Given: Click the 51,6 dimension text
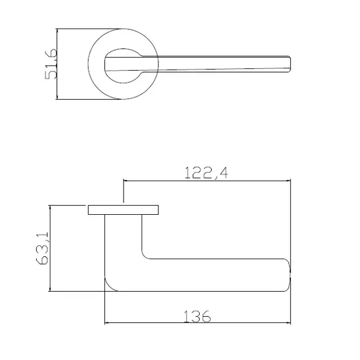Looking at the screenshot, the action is click(x=50, y=64).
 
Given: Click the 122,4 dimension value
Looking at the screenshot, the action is click(x=206, y=173).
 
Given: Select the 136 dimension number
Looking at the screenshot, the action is click(x=197, y=316).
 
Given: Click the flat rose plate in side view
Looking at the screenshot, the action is click(x=123, y=210).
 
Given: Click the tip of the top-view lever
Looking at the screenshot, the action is click(x=290, y=64).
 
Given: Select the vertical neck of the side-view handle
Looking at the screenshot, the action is click(x=123, y=236).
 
